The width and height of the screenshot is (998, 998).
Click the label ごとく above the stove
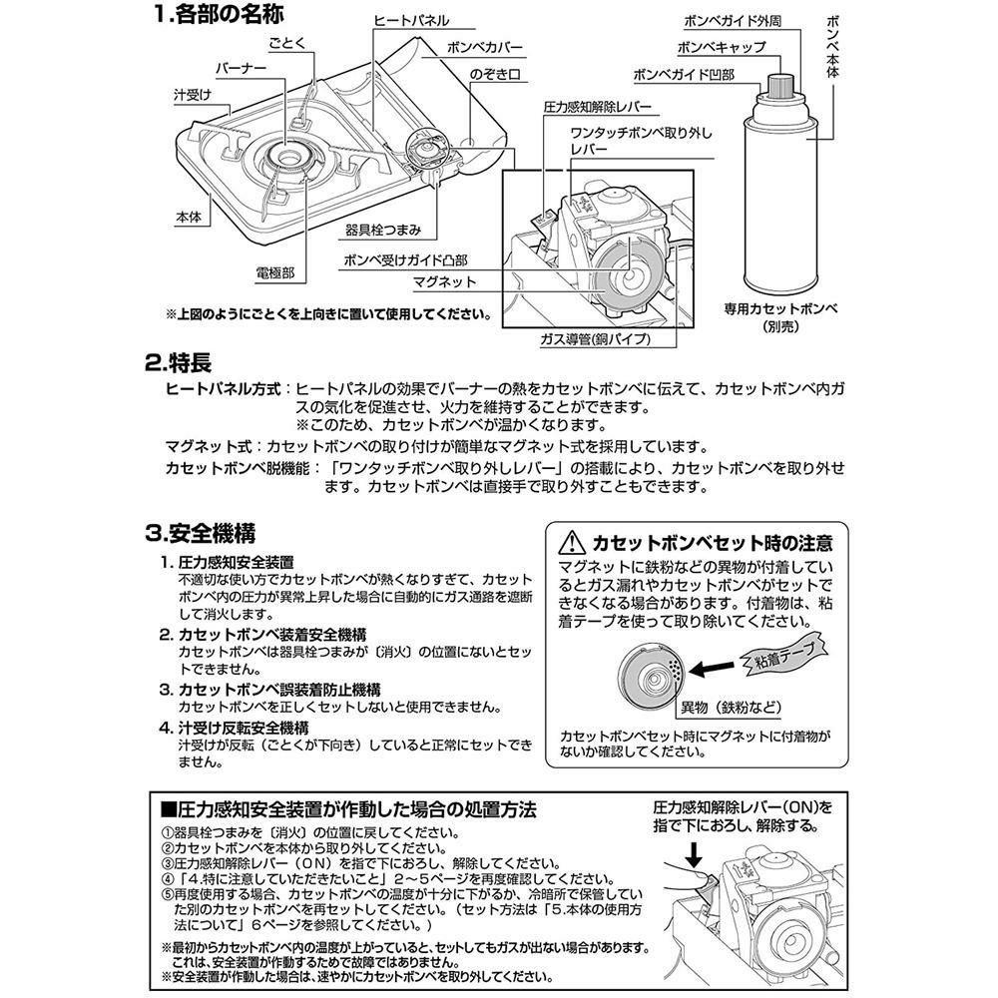pyautogui.click(x=284, y=46)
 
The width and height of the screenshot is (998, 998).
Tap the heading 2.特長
pyautogui.click(x=179, y=362)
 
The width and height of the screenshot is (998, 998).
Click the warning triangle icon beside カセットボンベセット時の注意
pyautogui.click(x=571, y=544)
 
